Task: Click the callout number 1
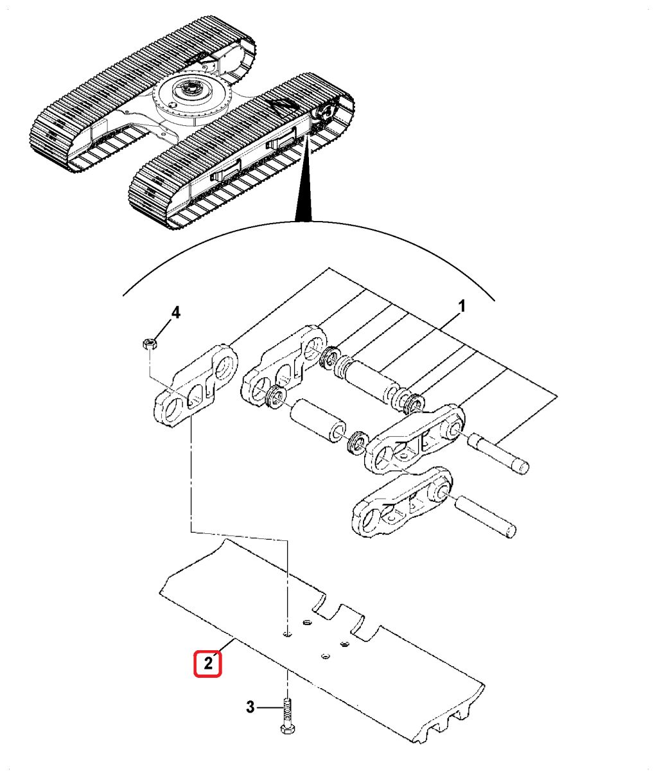(x=462, y=306)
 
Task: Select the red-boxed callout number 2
(x=207, y=663)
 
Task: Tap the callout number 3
(x=250, y=707)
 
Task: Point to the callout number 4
(x=175, y=313)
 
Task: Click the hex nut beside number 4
(x=150, y=343)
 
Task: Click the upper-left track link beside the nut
(x=196, y=385)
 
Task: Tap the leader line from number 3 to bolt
(x=269, y=707)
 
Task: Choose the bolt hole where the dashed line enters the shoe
(x=286, y=634)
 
